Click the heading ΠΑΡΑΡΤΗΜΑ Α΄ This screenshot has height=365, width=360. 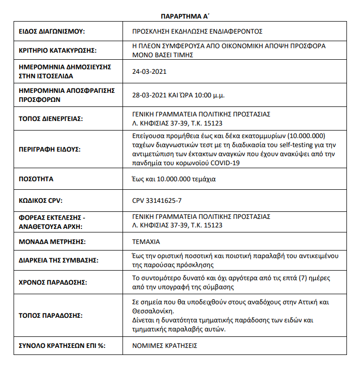pyautogui.click(x=180, y=16)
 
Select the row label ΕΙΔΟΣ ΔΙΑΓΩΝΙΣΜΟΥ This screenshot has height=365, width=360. pyautogui.click(x=52, y=32)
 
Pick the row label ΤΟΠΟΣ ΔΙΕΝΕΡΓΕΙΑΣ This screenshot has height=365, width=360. pyautogui.click(x=50, y=119)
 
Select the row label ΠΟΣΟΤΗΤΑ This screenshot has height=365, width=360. pyautogui.click(x=36, y=179)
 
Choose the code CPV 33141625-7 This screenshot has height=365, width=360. pyautogui.click(x=157, y=200)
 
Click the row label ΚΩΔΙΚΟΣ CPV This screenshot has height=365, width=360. pyautogui.click(x=41, y=200)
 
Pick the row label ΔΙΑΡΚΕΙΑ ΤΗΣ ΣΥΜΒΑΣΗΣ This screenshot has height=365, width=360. pyautogui.click(x=58, y=260)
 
